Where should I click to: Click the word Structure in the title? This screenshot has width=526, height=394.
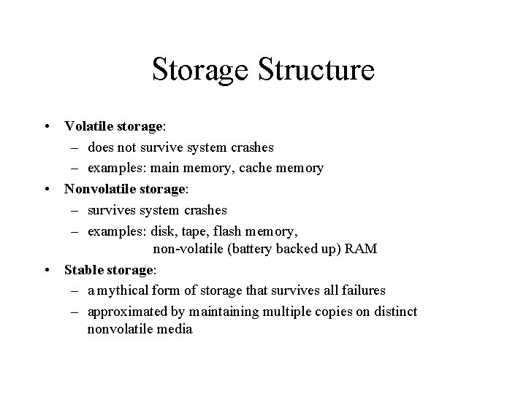tap(316, 70)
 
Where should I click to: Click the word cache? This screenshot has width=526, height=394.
tap(256, 168)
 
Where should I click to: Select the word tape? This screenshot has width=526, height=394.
tap(190, 231)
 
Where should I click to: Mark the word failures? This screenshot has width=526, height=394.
tap(360, 290)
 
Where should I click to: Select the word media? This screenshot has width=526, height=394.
tap(175, 329)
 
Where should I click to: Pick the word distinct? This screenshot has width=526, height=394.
tap(394, 312)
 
